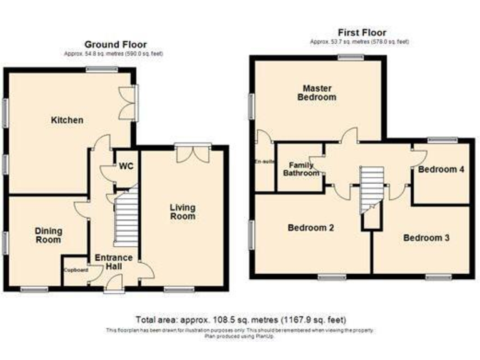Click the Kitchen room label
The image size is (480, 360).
click(x=67, y=120)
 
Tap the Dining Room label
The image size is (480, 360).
click(x=48, y=236)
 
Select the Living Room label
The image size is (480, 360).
click(x=182, y=212)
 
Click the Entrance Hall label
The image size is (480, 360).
click(x=113, y=262)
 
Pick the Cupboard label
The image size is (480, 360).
click(x=75, y=270)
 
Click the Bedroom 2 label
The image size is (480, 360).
click(x=310, y=228)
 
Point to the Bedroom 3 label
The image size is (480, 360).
click(x=426, y=238)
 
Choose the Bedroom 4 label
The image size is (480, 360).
click(x=441, y=169)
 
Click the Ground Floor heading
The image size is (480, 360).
click(x=116, y=44)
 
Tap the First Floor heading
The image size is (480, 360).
click(x=362, y=32)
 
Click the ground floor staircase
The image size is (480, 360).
click(x=125, y=219)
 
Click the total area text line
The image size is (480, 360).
click(x=241, y=319)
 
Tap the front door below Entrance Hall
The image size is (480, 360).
click(x=114, y=286)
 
